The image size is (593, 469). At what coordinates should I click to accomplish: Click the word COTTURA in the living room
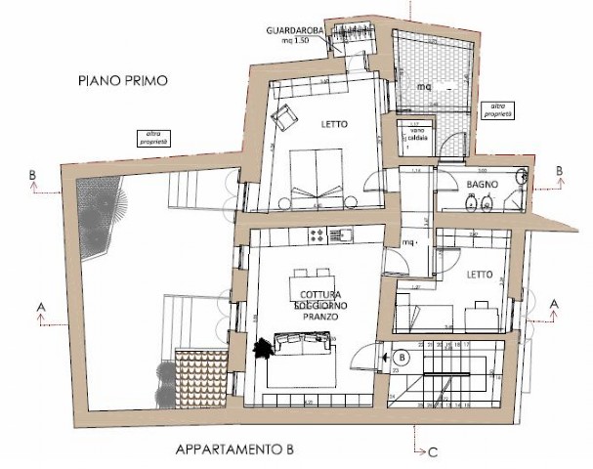pyautogui.click(x=319, y=295)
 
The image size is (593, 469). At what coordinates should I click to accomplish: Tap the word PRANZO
pyautogui.click(x=319, y=317)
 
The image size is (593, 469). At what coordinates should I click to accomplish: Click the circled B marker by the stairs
pyautogui.click(x=401, y=358)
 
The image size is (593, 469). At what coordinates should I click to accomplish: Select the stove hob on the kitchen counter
pyautogui.click(x=318, y=234)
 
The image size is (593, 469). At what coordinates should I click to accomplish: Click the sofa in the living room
pyautogui.click(x=304, y=343)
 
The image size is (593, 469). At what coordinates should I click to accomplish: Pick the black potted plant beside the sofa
pyautogui.click(x=263, y=348)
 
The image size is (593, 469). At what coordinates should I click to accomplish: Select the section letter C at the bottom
pyautogui.click(x=432, y=452)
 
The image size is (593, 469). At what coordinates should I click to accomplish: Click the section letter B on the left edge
pyautogui.click(x=34, y=175)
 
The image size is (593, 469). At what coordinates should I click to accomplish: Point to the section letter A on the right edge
pyautogui.click(x=555, y=304)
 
